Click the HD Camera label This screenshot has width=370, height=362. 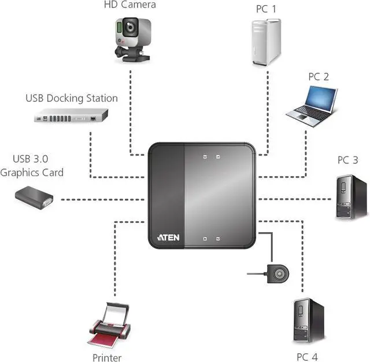129,5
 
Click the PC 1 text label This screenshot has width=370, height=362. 266,10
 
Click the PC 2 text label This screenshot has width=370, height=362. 318,76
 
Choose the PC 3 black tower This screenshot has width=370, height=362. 351,197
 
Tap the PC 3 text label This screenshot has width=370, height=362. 347,160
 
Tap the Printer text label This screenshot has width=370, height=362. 107,357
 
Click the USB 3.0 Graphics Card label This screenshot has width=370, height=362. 32,165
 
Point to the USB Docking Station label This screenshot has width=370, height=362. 71,98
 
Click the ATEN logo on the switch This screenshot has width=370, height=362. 168,237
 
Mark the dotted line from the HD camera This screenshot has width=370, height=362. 131,110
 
